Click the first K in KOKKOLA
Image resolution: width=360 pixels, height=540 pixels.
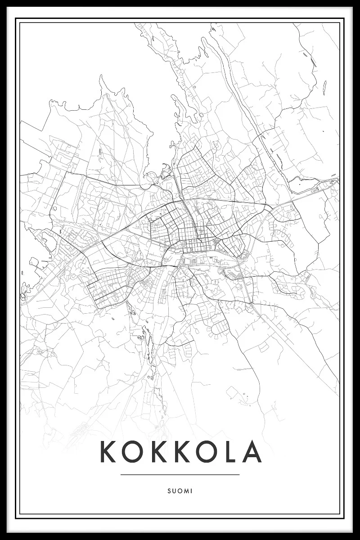coord(108,451)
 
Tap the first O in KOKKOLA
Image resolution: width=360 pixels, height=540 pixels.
coord(133,451)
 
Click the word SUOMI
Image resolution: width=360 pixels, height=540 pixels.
coord(180,491)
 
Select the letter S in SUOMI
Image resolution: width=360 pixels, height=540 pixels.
coord(168,491)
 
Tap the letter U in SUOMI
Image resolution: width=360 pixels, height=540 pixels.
coord(174,491)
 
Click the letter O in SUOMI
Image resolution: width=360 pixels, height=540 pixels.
coord(180,491)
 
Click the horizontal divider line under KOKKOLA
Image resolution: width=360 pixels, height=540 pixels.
coord(180,474)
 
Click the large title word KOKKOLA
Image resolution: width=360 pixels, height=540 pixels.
coord(180,451)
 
